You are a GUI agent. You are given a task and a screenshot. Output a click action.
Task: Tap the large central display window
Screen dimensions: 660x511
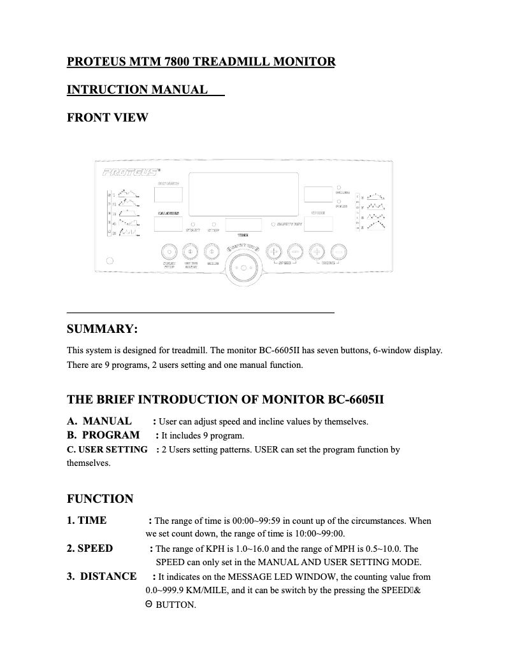tap(244, 195)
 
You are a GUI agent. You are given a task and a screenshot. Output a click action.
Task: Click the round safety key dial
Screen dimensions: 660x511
tap(242, 268)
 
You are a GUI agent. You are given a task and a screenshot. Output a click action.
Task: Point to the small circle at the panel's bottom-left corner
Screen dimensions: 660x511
tap(110, 260)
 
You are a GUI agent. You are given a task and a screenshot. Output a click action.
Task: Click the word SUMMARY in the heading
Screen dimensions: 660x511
tap(101, 329)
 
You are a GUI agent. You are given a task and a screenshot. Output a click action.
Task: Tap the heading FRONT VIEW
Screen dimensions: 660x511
tap(107, 118)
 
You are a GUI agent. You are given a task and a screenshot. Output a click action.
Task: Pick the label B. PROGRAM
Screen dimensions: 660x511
tap(103, 435)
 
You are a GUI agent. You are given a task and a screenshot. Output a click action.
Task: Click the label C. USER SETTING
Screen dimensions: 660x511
tap(107, 449)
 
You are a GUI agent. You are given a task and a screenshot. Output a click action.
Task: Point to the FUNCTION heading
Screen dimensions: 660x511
tap(100, 499)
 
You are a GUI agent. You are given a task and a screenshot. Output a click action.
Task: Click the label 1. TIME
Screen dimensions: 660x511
tap(87, 521)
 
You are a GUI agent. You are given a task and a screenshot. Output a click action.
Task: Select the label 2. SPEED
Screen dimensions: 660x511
tap(90, 549)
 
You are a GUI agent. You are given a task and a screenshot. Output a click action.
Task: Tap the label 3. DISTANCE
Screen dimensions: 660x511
tap(102, 577)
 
